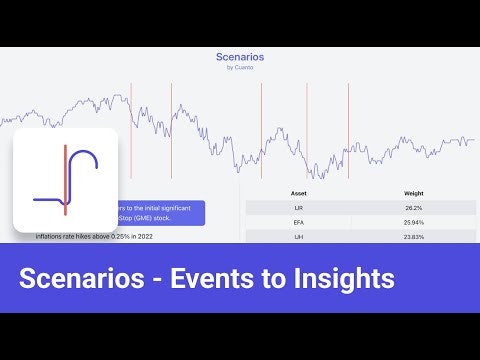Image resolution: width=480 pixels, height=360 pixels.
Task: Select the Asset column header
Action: pos(298,191)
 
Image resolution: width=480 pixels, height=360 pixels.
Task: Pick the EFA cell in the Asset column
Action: pos(298,221)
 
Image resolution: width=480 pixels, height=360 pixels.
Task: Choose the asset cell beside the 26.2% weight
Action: pos(298,206)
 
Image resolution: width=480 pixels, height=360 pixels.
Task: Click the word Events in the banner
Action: pos(206,277)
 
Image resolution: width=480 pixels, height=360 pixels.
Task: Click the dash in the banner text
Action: pos(150,278)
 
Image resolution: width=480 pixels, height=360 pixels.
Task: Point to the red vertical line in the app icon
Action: pos(65,180)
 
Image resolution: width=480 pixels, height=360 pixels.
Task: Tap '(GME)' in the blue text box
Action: pos(156,216)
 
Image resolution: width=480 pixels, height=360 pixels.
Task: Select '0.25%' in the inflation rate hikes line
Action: pos(120,237)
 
